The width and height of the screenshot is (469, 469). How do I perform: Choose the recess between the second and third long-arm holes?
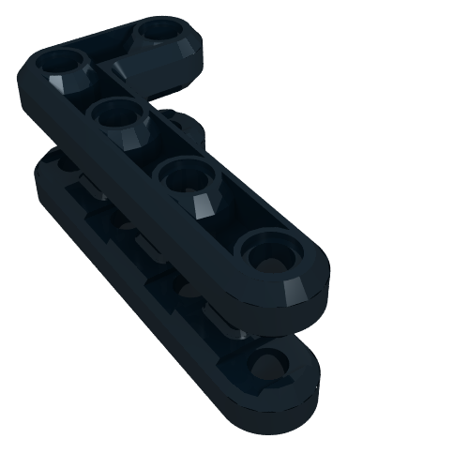pos(155,150)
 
